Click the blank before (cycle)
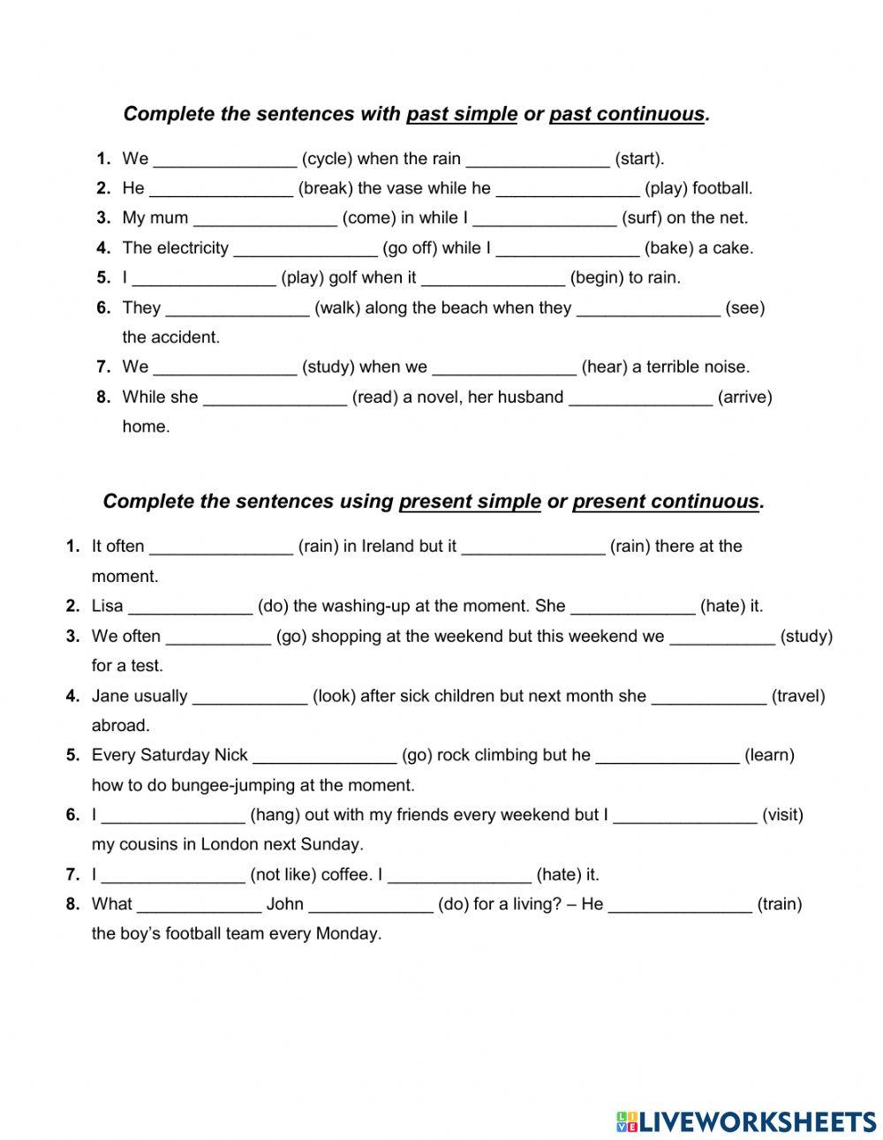(x=225, y=160)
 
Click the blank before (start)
(x=538, y=160)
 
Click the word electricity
(x=192, y=248)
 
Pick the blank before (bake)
(x=567, y=249)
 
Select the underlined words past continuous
(x=627, y=115)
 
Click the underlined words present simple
(x=470, y=502)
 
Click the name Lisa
(x=107, y=607)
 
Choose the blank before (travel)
(x=709, y=697)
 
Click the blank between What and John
(x=200, y=905)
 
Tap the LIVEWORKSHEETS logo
(x=746, y=1121)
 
